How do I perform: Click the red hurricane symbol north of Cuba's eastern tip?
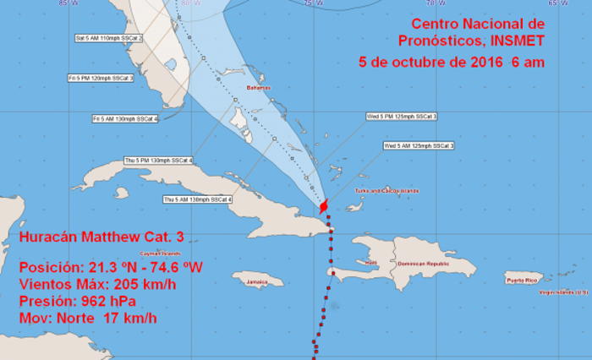tap(324, 205)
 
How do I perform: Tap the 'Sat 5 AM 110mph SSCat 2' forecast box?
tap(109, 39)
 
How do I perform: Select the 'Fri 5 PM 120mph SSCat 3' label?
tap(101, 78)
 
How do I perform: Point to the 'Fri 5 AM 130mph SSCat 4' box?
tap(125, 119)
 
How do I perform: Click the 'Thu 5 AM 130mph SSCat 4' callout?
tap(197, 199)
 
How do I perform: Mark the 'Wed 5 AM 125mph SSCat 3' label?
tap(419, 146)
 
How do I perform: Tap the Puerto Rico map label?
tap(522, 280)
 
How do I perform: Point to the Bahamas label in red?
tap(258, 87)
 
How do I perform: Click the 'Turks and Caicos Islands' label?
tap(387, 191)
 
